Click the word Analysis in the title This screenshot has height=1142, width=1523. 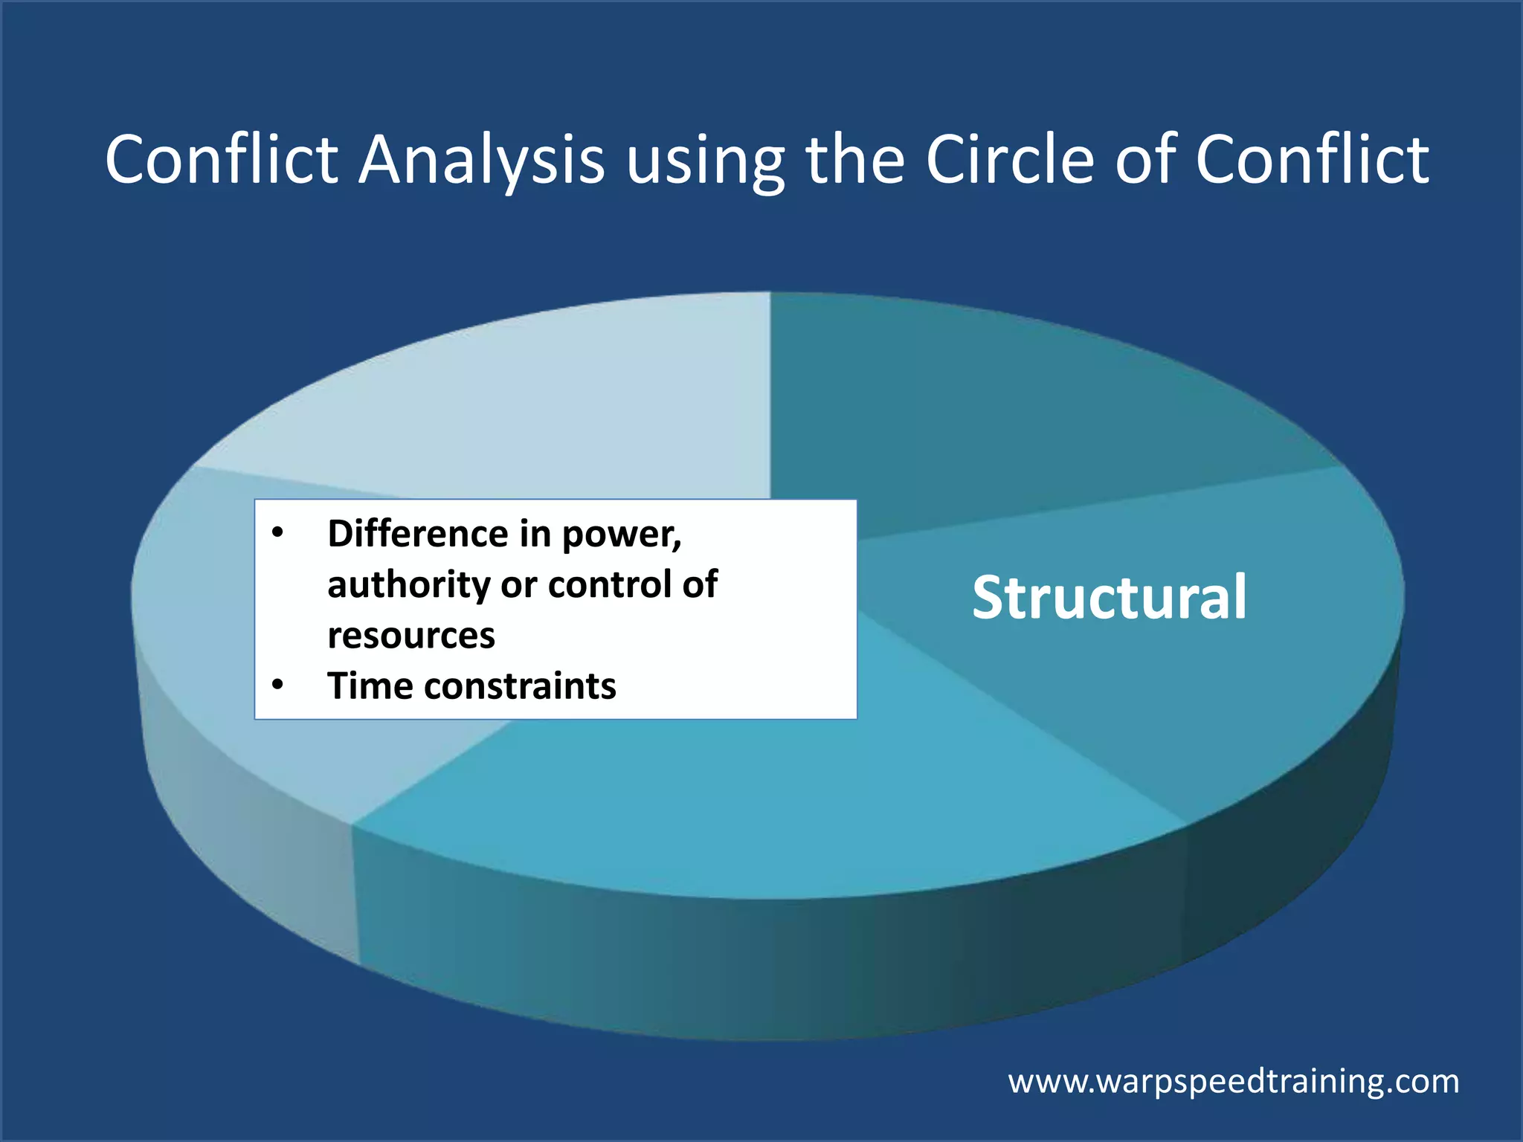[x=481, y=161]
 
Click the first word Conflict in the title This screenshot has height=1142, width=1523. [x=222, y=161]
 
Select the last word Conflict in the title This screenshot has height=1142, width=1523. [x=1312, y=161]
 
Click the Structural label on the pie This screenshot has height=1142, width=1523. [x=1109, y=598]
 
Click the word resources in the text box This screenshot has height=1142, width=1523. [x=410, y=636]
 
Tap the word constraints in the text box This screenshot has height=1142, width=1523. [x=520, y=686]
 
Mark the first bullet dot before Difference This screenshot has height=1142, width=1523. [x=277, y=533]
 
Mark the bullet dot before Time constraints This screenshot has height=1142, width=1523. [x=277, y=685]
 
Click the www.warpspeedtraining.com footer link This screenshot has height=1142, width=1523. [x=1233, y=1081]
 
